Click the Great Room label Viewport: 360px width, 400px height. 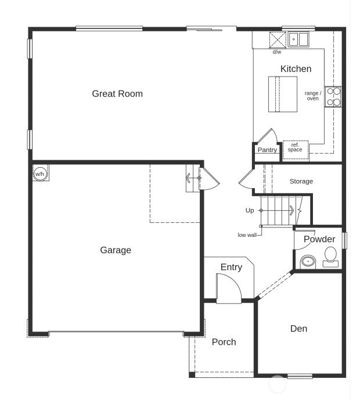pos(117,93)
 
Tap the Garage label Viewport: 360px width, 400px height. pos(116,250)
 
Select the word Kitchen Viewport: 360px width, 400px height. pos(296,69)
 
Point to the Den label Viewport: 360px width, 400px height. pos(298,329)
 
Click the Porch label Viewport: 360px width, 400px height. pos(224,342)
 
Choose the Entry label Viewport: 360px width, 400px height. pos(231,267)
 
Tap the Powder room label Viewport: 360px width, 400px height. pos(319,239)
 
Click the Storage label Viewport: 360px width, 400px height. pos(301,182)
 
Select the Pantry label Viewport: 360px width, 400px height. pos(267,150)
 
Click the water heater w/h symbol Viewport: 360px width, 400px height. pos(40,174)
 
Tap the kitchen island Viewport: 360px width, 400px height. pos(282,94)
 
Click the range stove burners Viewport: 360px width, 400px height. pos(333,96)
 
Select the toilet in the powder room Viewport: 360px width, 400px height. pos(330,256)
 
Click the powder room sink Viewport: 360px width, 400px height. pos(307,262)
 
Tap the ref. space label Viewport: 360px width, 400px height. pos(295,147)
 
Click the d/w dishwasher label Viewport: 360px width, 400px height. pos(277,52)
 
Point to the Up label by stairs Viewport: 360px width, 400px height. pos(250,210)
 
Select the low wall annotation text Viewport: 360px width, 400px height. pos(247,235)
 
